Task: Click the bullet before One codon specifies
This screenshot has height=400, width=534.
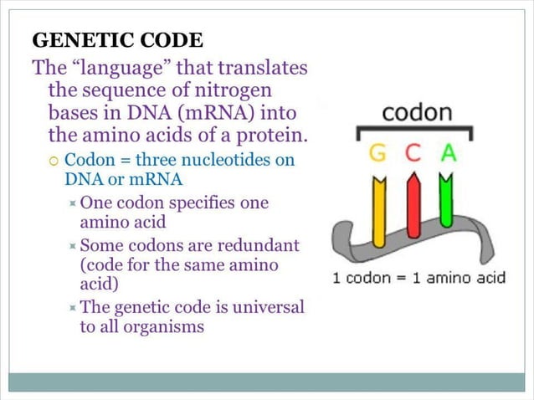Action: click(74, 204)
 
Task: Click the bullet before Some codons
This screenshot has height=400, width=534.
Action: click(74, 246)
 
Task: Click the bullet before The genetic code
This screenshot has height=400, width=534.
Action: click(74, 308)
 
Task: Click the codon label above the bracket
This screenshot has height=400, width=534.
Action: click(416, 112)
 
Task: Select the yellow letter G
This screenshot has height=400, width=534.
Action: click(377, 154)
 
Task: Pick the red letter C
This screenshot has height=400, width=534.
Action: click(413, 154)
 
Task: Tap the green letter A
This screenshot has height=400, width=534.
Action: click(449, 154)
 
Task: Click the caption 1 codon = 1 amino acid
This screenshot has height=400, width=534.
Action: click(418, 278)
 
